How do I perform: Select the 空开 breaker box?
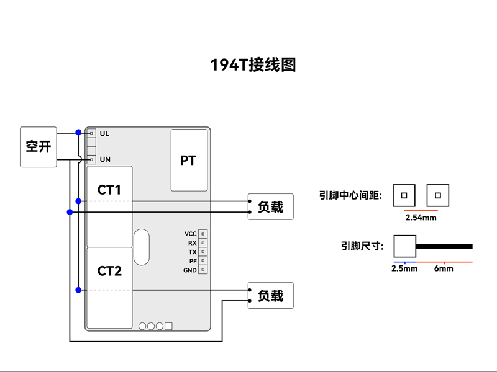[38, 147]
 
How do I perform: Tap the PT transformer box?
[188, 161]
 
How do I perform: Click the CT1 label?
[109, 190]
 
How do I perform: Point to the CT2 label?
[109, 271]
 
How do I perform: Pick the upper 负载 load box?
[270, 207]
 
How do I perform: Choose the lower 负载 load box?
[270, 296]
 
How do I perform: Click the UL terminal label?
[104, 133]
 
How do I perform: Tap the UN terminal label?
[105, 159]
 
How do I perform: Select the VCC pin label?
[191, 234]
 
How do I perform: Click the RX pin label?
[193, 243]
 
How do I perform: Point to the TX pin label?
[193, 252]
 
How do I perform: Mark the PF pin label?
[193, 261]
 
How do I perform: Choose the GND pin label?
[190, 270]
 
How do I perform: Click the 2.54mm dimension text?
[421, 218]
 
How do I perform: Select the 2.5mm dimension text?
[404, 268]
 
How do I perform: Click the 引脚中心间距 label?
[350, 195]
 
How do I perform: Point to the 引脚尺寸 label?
[362, 246]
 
